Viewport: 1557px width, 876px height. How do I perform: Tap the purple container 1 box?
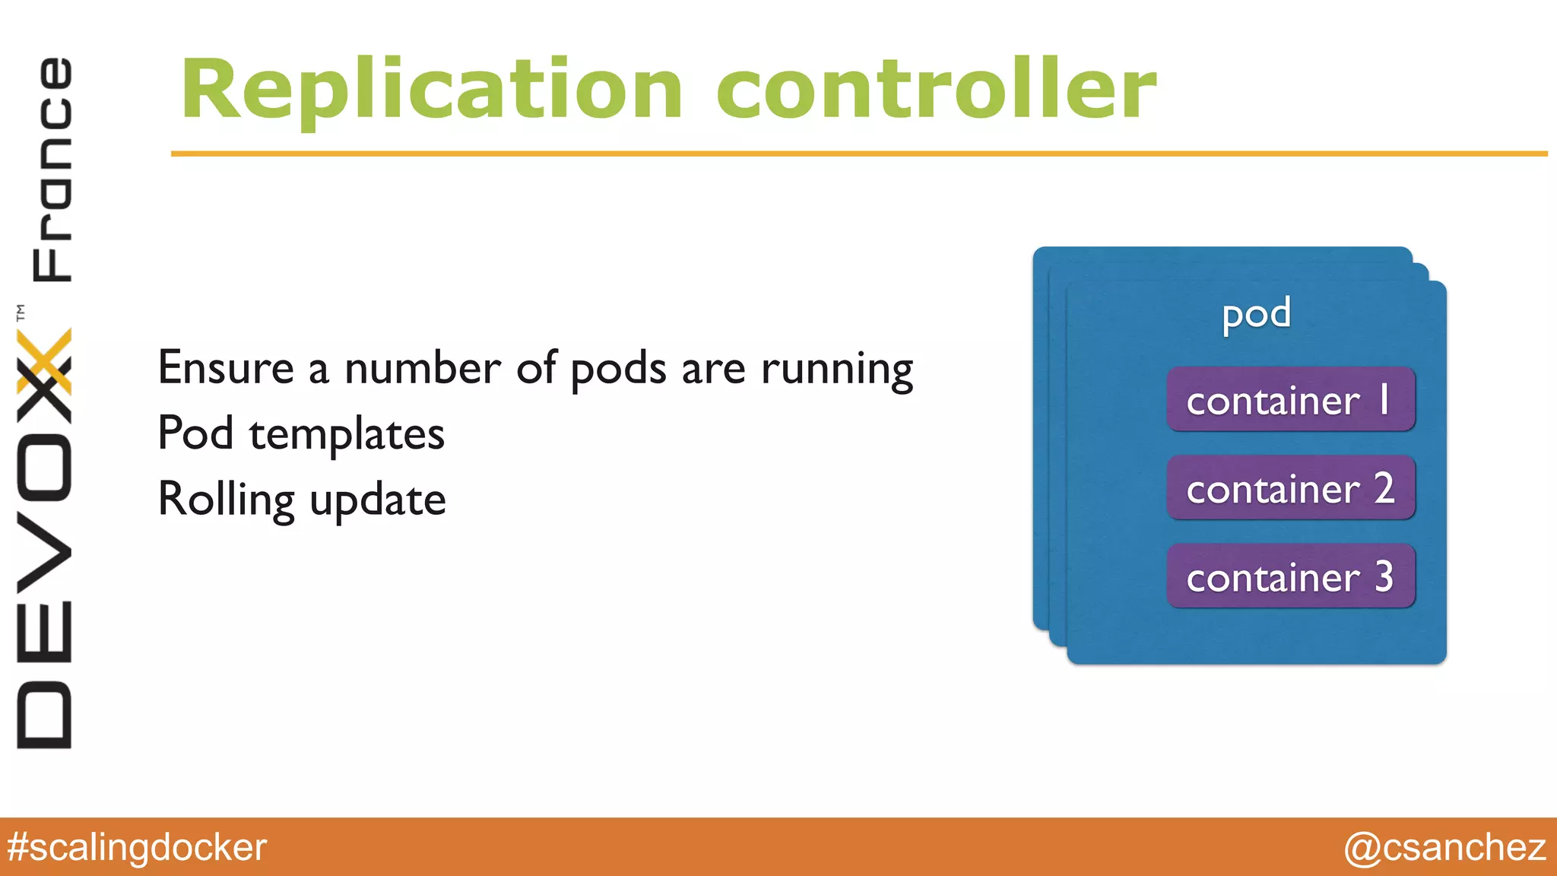tap(1290, 400)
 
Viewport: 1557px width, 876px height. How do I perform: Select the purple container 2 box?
tap(1290, 488)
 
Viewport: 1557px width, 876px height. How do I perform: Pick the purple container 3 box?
tap(1290, 576)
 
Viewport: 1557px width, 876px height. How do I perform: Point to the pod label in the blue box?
tap(1256, 313)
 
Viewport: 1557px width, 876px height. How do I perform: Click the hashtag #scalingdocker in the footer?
tap(137, 847)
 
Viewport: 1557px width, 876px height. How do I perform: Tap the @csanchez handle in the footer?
tap(1444, 847)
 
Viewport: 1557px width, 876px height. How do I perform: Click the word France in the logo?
tap(52, 169)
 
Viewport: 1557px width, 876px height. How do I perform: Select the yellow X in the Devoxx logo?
tap(44, 361)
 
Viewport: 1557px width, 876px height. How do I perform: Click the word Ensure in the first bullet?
tap(226, 368)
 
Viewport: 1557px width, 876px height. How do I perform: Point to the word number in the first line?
tap(422, 368)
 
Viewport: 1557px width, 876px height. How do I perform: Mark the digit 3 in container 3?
tap(1384, 576)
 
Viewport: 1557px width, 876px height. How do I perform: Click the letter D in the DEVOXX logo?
tap(44, 715)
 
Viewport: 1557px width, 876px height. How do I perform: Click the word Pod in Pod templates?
tap(195, 433)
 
